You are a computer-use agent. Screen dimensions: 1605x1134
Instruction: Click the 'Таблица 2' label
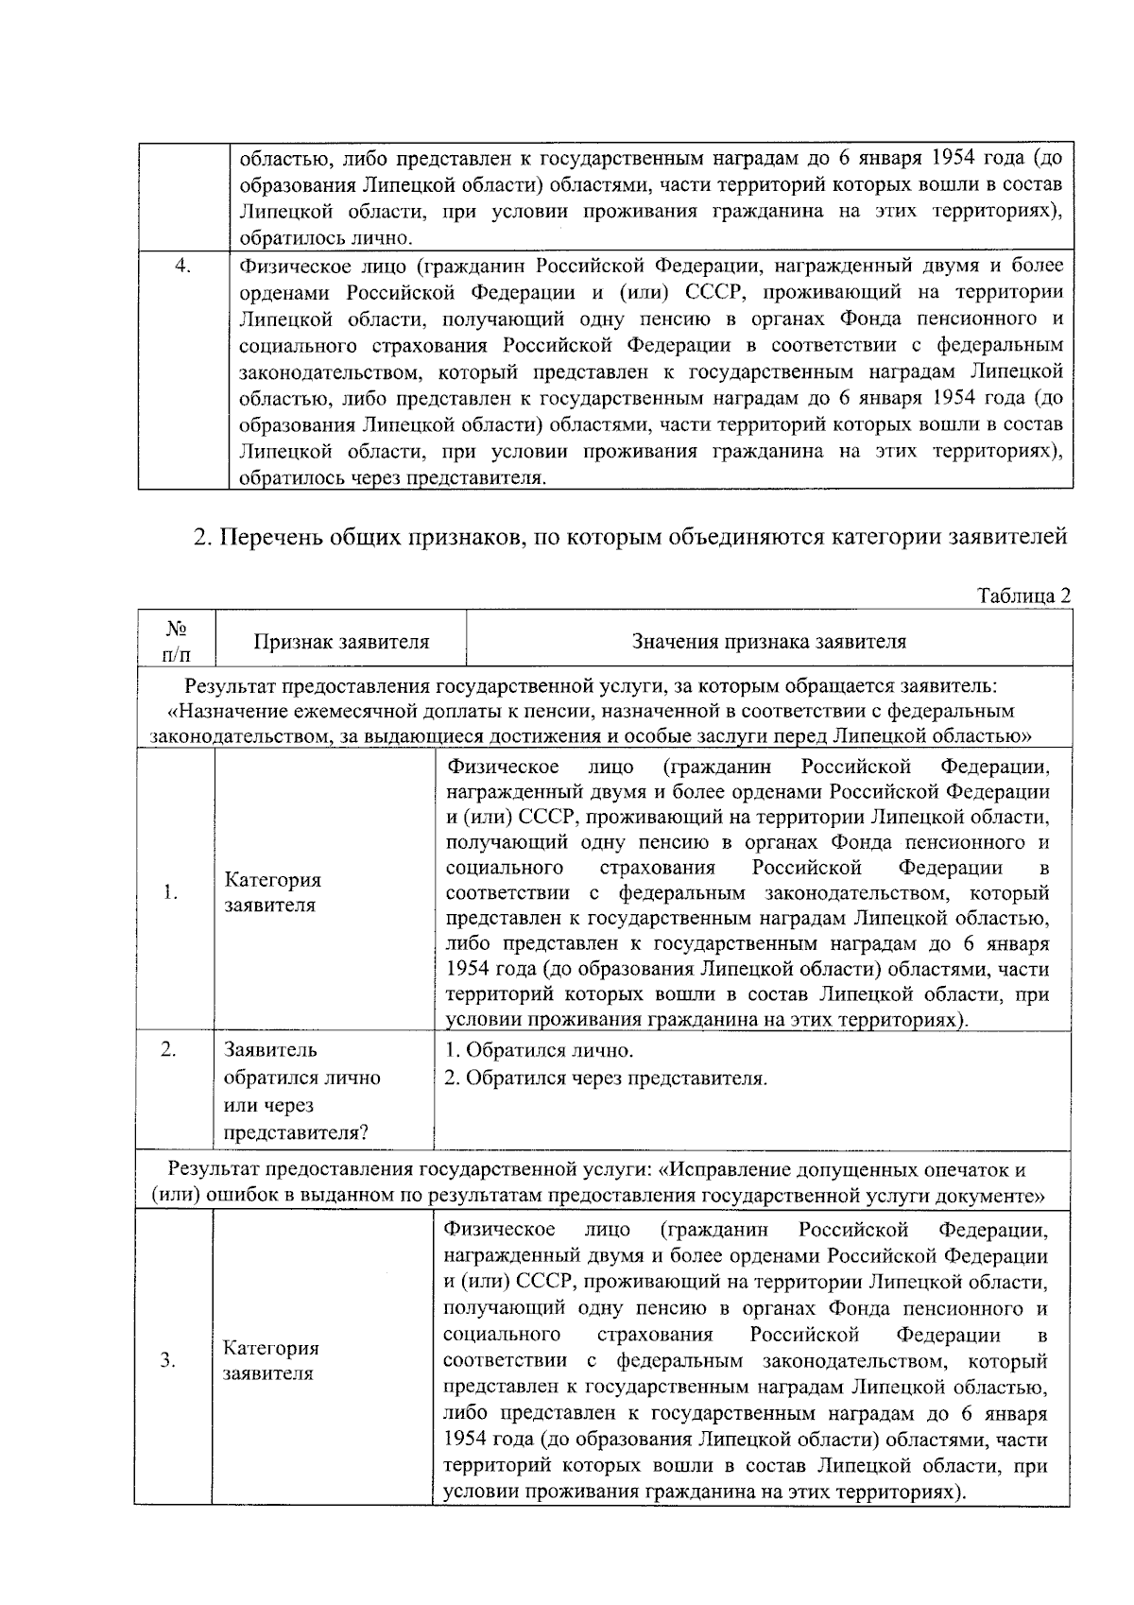pyautogui.click(x=1024, y=595)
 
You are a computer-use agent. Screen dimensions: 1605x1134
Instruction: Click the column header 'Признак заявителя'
pyautogui.click(x=341, y=642)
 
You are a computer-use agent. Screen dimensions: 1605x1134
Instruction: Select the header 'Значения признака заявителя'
pyautogui.click(x=768, y=642)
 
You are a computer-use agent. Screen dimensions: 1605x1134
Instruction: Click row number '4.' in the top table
pyautogui.click(x=183, y=266)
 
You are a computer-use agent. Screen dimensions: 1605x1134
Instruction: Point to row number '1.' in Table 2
pyautogui.click(x=170, y=892)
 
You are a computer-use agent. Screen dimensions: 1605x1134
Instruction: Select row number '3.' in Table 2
pyautogui.click(x=168, y=1360)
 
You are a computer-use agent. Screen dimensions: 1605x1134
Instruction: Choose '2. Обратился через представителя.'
pyautogui.click(x=606, y=1078)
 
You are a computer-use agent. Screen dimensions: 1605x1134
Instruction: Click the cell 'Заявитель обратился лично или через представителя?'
pyautogui.click(x=302, y=1091)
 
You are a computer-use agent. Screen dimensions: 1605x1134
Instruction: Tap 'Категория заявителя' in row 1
pyautogui.click(x=273, y=892)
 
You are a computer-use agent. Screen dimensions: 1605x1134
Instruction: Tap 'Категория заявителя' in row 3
pyautogui.click(x=271, y=1360)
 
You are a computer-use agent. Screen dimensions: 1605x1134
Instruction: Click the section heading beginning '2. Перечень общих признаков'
pyautogui.click(x=630, y=538)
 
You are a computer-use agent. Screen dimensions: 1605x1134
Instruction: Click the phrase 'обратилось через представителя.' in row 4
pyautogui.click(x=392, y=478)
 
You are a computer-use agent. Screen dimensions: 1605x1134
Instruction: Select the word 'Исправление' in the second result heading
pyautogui.click(x=730, y=1169)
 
